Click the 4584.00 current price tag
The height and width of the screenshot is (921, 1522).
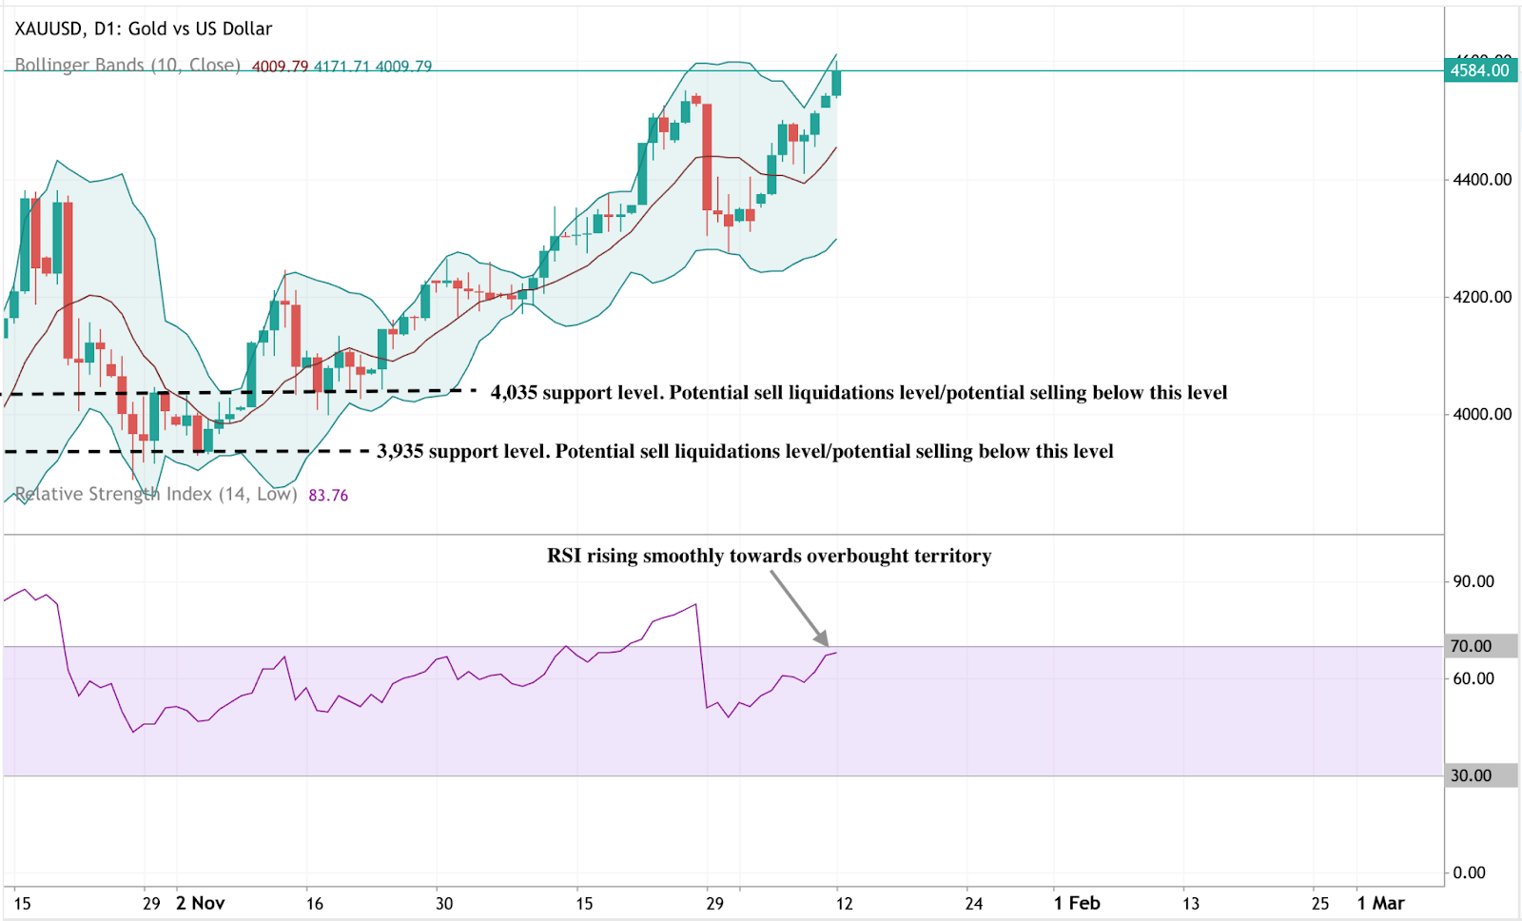1479,70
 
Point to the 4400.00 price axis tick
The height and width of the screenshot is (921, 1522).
1482,180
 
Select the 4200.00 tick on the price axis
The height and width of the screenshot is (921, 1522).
1482,297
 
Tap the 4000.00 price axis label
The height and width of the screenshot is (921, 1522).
1482,414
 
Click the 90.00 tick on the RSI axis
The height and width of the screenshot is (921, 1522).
1473,581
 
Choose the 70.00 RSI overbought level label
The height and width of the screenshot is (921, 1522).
1471,646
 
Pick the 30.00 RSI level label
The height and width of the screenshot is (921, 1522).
1471,775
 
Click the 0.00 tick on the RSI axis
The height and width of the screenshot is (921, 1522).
1470,872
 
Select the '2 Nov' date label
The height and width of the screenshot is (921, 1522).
200,903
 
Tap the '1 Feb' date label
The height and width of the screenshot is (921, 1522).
1077,903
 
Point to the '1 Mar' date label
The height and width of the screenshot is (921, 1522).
1380,903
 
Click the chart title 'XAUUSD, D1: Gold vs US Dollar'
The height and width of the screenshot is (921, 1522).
144,29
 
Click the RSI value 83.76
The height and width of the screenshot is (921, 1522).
328,495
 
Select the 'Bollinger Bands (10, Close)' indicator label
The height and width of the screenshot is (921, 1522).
127,66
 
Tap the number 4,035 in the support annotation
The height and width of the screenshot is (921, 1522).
514,393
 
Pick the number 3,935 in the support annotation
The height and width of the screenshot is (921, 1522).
400,451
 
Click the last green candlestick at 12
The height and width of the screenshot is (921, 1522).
836,83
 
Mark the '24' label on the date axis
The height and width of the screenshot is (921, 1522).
973,903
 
